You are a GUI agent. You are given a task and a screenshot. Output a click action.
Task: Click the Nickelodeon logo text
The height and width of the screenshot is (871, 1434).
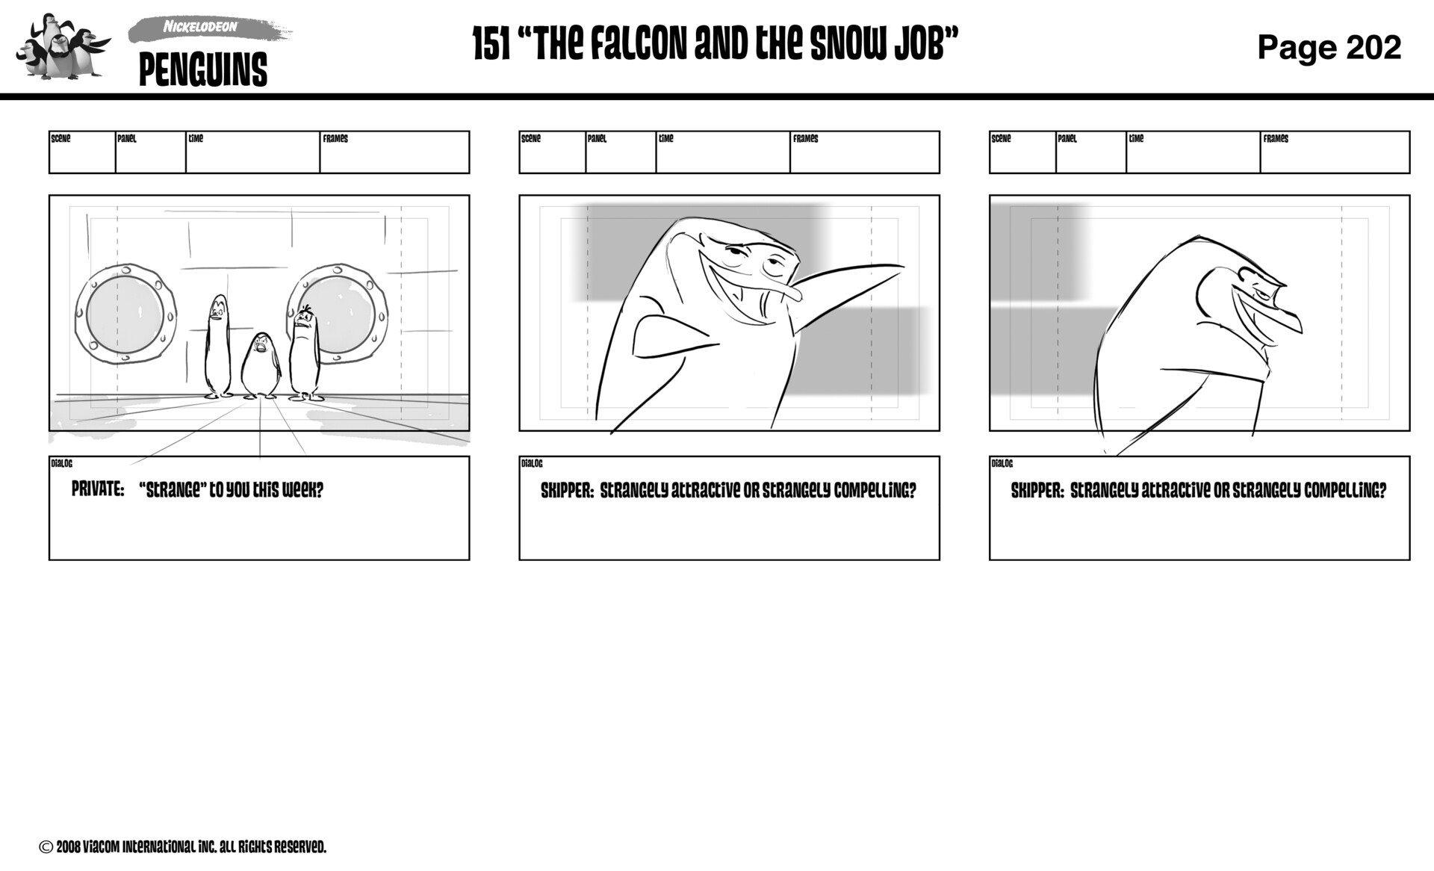200,28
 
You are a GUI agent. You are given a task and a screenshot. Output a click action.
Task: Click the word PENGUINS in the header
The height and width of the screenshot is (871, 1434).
202,70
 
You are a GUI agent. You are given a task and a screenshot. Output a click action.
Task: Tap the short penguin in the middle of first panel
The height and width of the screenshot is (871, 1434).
260,365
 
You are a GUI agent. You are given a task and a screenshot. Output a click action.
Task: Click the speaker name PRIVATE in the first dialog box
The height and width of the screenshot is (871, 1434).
97,490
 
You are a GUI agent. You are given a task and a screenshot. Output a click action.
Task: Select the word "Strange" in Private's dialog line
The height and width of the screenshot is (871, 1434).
171,490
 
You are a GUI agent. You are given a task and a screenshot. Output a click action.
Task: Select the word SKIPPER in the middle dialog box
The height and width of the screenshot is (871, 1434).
567,491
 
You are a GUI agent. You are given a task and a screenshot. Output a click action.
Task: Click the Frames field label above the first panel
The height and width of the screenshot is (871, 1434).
335,139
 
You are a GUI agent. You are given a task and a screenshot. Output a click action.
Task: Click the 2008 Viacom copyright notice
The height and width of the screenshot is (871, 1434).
183,847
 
